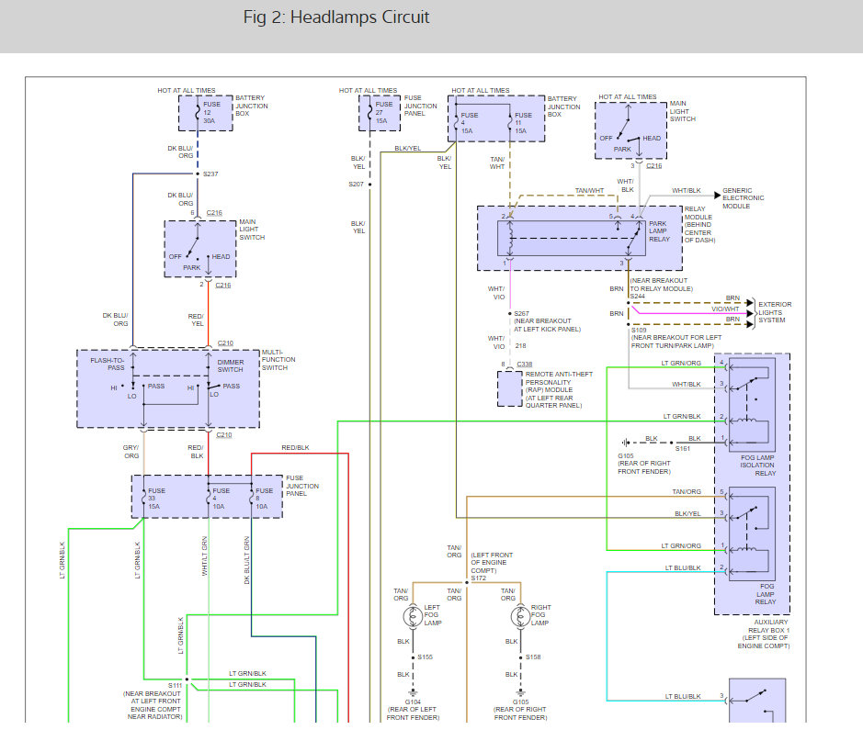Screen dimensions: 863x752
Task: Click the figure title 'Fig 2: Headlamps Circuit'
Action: [336, 17]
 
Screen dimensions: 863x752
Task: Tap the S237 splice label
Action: [210, 174]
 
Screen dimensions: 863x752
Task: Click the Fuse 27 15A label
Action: [384, 112]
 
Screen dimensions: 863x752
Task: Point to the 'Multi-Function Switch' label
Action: [278, 360]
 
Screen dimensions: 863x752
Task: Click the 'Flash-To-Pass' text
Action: [108, 364]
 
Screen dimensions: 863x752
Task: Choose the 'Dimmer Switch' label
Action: [230, 365]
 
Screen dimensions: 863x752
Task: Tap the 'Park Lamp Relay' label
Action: [659, 231]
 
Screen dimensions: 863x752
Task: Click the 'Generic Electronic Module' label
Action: [743, 198]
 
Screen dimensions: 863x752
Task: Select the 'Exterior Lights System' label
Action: [775, 311]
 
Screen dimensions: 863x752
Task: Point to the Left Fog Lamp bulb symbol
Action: [413, 616]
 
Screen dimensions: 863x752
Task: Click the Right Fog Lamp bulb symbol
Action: [520, 616]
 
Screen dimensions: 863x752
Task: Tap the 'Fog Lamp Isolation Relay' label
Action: [758, 465]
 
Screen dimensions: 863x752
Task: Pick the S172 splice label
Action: [478, 578]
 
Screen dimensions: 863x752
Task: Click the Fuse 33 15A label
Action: [156, 499]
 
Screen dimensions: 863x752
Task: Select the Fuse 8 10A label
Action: [264, 499]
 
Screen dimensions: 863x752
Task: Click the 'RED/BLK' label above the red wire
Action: [296, 447]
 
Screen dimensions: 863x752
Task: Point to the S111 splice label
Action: [175, 686]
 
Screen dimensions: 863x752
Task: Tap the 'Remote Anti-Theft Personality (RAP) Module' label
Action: [559, 389]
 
